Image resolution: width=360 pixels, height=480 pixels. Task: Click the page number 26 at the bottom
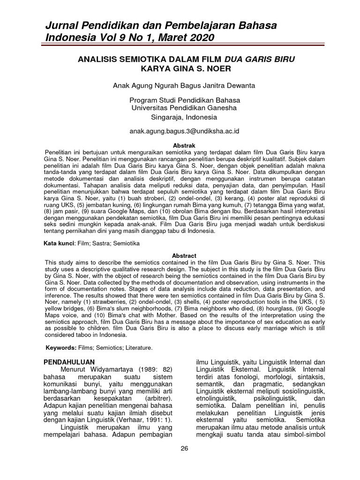[x=184, y=448]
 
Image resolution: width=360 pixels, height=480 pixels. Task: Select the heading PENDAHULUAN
[x=69, y=362]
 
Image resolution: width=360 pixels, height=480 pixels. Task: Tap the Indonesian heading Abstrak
[x=184, y=146]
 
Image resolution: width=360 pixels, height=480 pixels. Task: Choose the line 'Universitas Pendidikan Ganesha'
[x=184, y=108]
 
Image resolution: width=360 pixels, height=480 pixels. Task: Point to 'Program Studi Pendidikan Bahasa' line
[x=184, y=100]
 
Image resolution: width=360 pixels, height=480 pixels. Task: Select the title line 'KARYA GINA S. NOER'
[x=184, y=68]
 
